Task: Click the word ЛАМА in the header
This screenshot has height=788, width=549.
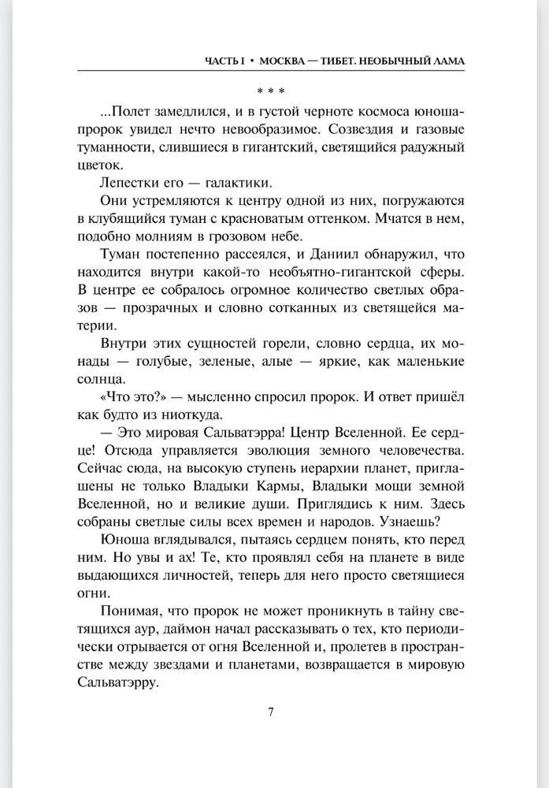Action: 446,61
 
